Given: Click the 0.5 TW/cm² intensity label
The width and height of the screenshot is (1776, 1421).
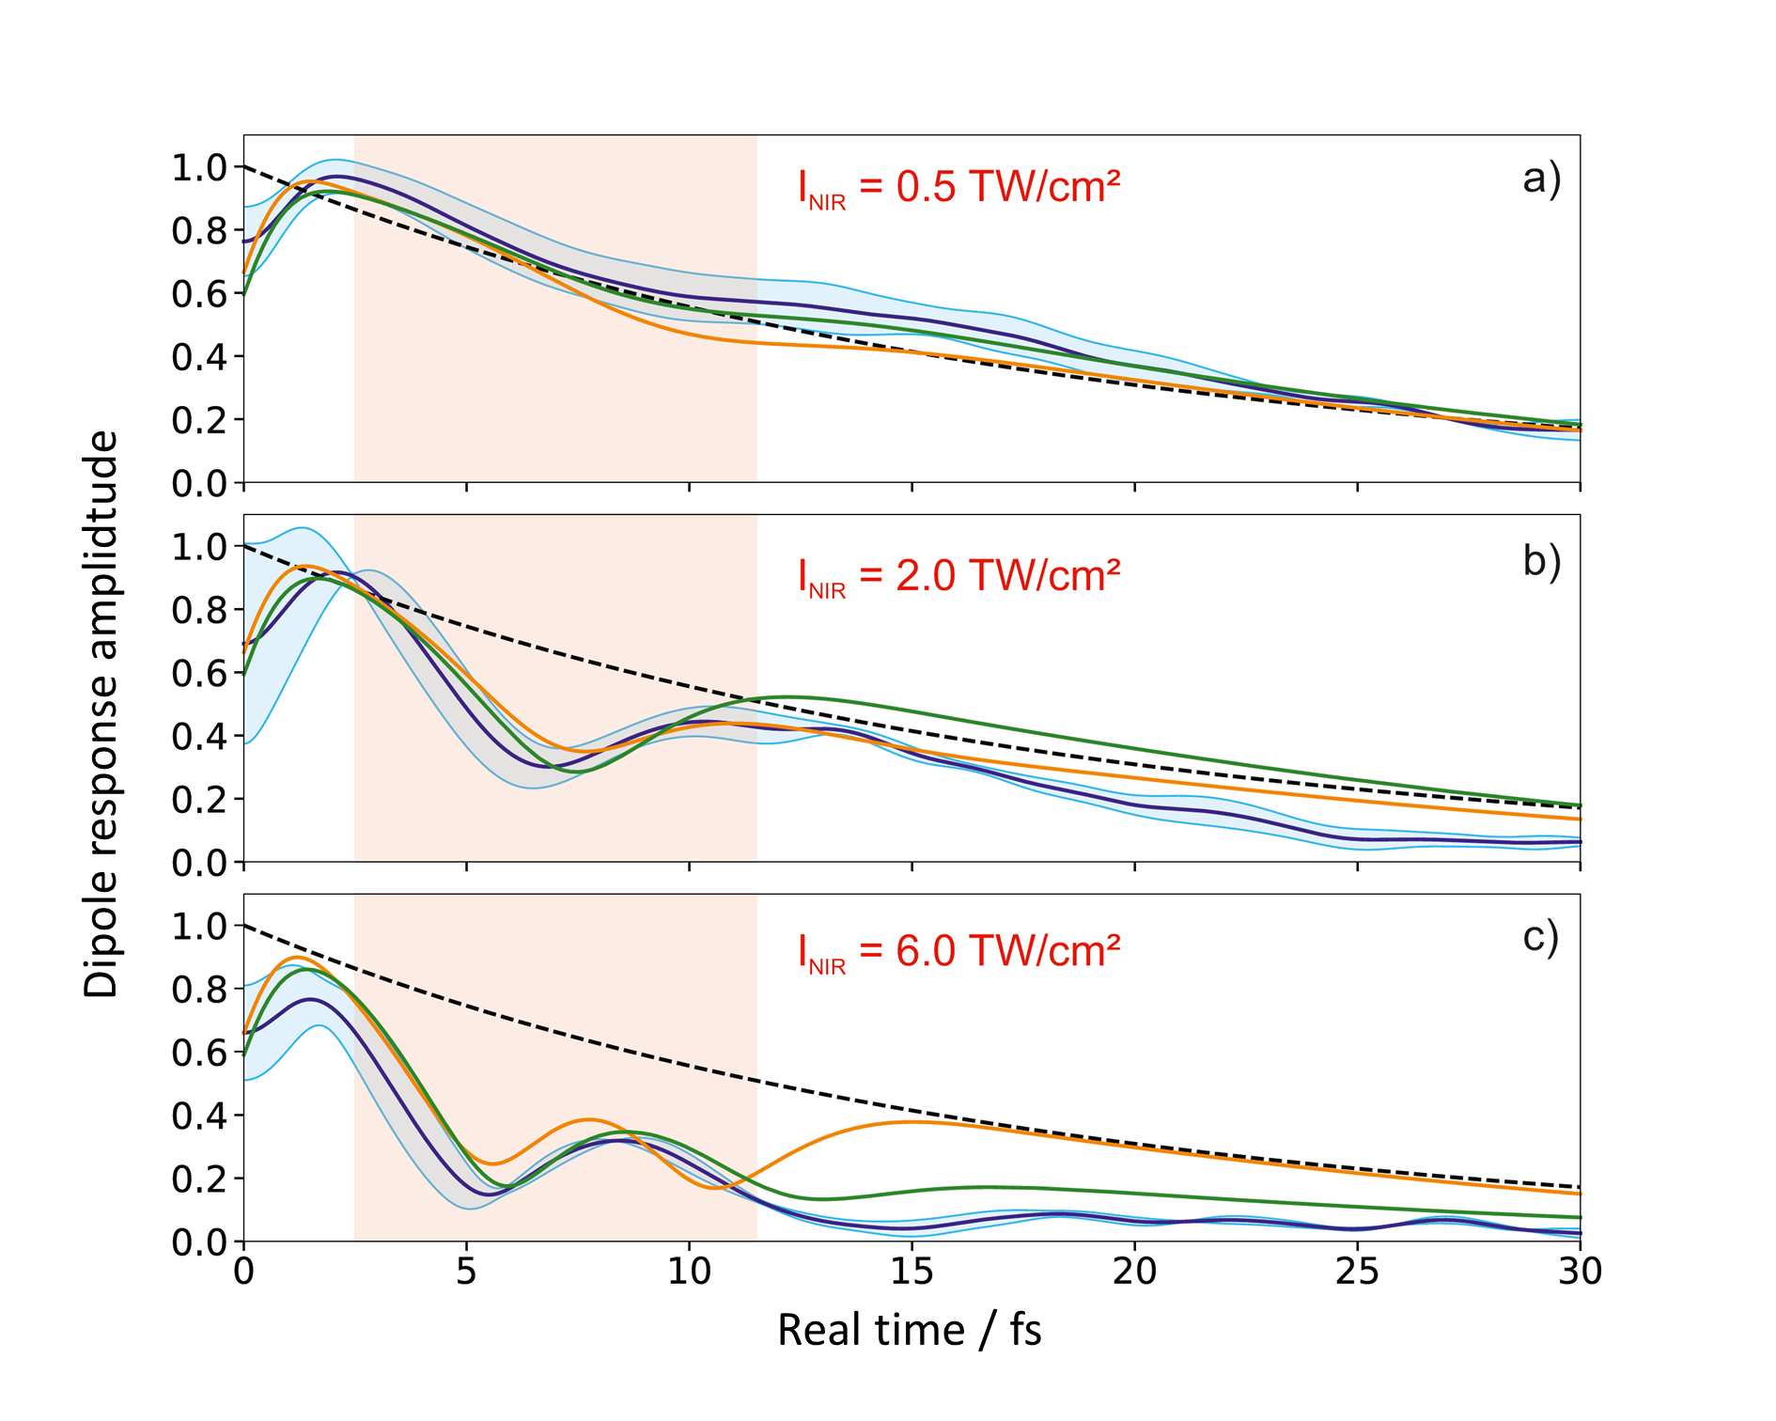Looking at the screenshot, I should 958,187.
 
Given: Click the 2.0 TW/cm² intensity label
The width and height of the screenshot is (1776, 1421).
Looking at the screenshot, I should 958,575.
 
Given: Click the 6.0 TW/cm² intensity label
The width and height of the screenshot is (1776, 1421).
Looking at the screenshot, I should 958,951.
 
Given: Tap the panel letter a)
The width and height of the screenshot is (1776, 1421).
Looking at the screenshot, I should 1541,178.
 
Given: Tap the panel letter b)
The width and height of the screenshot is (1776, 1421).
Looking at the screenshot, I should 1541,560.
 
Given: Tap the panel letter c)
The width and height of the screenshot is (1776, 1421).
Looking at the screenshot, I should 1541,937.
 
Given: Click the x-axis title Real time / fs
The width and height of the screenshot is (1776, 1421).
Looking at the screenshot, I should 910,1331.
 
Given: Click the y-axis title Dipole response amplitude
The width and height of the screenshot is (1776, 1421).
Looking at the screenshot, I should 101,714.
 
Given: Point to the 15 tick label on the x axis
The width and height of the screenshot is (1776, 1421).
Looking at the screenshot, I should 911,1272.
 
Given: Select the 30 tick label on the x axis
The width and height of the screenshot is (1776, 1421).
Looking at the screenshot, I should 1580,1272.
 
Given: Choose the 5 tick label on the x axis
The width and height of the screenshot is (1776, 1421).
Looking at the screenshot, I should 467,1272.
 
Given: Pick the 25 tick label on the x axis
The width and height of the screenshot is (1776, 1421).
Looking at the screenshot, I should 1357,1272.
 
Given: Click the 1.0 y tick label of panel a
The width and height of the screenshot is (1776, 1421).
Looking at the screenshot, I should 199,168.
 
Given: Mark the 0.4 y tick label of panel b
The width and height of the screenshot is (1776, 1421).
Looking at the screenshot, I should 199,737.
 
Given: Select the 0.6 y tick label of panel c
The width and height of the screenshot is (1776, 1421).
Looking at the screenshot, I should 199,1053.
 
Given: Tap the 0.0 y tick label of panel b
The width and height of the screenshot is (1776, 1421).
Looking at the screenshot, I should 199,863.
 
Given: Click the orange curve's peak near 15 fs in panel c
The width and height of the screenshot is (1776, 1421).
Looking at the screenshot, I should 911,1121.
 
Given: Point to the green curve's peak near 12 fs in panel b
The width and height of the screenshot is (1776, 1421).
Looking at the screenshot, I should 789,697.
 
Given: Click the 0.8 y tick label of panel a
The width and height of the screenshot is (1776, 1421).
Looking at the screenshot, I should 199,231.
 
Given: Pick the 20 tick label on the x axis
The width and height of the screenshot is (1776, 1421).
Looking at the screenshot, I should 1134,1272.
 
